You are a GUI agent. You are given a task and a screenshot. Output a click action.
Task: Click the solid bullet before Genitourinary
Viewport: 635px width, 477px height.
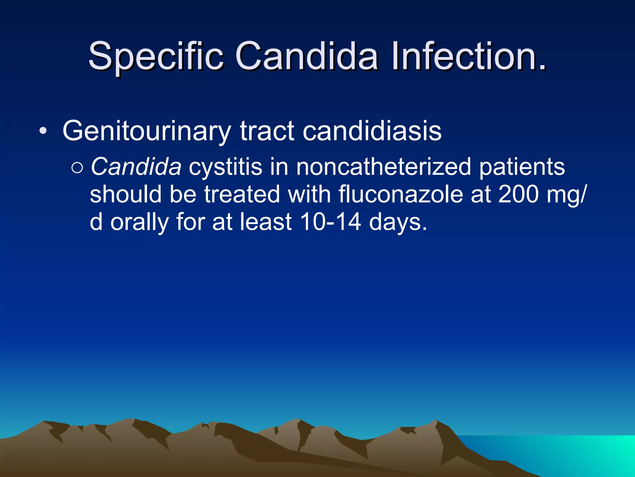point(43,131)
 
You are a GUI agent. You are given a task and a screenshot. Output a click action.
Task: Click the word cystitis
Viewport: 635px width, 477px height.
point(225,167)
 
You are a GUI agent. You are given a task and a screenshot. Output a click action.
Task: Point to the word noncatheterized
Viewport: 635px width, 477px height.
point(383,167)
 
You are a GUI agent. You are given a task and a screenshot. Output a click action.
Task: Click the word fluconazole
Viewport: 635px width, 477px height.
point(400,194)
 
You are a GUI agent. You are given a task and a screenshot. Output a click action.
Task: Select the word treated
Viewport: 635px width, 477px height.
point(242,194)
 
